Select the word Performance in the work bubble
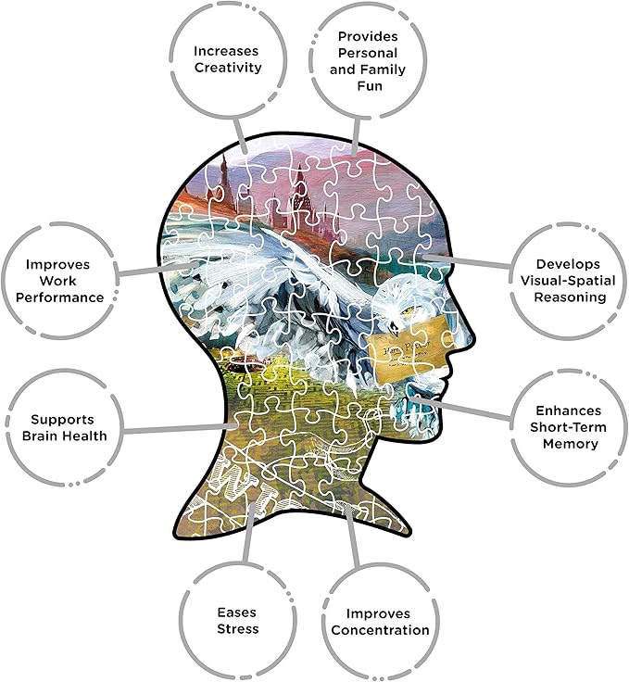pyautogui.click(x=64, y=297)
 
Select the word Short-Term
pyautogui.click(x=563, y=426)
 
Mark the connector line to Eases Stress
pyautogui.click(x=245, y=542)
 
